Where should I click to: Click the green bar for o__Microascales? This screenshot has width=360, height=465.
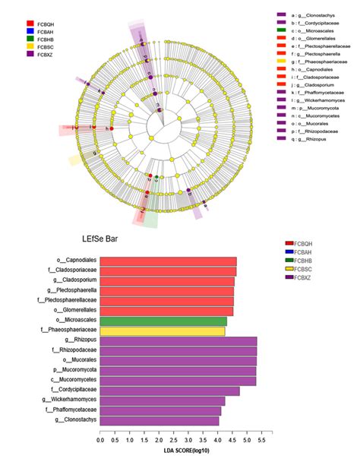[x=163, y=321]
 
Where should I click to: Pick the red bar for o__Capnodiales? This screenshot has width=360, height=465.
[x=168, y=261]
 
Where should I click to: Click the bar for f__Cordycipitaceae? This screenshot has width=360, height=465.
[x=169, y=391]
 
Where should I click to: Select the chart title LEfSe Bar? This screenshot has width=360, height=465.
[x=101, y=239]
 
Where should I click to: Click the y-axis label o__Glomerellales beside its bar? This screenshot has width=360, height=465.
[x=73, y=311]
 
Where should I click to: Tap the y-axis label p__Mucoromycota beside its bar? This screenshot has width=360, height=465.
[x=72, y=371]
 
